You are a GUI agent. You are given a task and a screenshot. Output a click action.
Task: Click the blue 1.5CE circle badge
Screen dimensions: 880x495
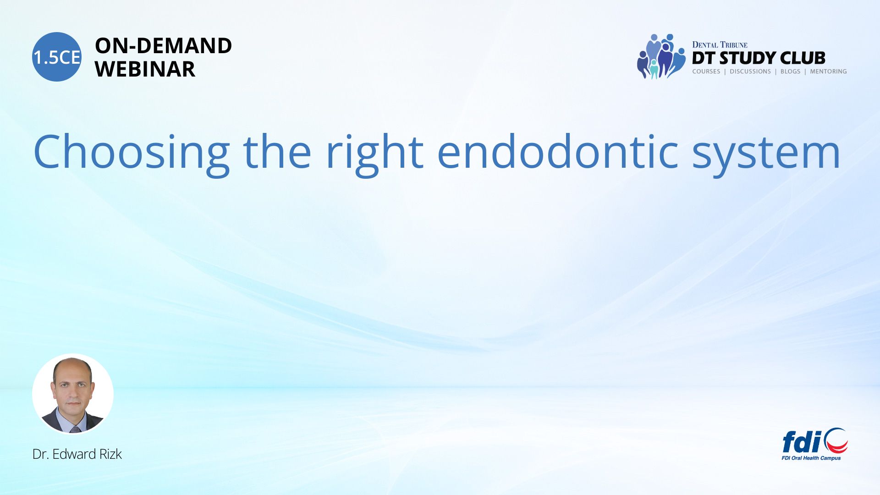tap(57, 57)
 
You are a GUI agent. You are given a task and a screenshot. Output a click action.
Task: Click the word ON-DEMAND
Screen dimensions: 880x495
tap(163, 46)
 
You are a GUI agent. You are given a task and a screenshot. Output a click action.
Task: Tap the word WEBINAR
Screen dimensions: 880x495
tap(145, 69)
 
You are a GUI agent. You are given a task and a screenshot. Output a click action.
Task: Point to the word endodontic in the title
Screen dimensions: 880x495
tap(558, 151)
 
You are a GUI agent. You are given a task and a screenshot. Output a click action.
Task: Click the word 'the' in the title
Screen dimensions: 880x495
tap(277, 151)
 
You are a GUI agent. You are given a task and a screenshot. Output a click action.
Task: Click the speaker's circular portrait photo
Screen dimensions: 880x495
tap(73, 394)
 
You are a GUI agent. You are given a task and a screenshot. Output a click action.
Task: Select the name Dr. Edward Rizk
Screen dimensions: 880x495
tap(77, 454)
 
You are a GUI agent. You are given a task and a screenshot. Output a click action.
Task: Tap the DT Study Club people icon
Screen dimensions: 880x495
tap(661, 56)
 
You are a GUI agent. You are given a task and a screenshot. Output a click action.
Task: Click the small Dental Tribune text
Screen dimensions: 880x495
tap(720, 45)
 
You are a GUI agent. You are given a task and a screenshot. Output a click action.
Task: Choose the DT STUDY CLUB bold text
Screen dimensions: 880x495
tap(759, 58)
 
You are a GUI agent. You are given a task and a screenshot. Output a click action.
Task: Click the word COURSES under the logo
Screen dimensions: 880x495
tap(706, 71)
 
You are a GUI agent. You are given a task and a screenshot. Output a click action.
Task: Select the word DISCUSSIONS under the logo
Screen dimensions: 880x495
tap(750, 71)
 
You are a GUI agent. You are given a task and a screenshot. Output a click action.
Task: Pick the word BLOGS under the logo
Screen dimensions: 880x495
tap(790, 71)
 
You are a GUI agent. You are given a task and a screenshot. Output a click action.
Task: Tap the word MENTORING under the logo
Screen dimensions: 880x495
tap(828, 71)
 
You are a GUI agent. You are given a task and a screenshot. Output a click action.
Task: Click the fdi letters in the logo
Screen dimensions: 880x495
tap(802, 442)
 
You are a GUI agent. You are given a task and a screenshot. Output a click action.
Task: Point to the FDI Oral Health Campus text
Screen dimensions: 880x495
tap(811, 458)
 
